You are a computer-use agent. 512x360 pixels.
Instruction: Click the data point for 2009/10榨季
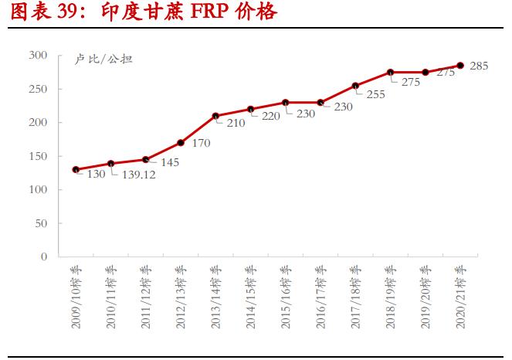(76, 169)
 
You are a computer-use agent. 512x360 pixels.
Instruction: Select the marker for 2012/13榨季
(181, 143)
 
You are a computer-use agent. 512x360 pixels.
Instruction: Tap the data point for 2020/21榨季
(460, 66)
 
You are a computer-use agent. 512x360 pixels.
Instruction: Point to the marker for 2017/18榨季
(355, 86)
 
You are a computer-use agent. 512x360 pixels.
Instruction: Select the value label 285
(479, 66)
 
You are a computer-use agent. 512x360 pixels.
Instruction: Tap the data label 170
(202, 143)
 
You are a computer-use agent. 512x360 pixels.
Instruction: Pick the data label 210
(236, 123)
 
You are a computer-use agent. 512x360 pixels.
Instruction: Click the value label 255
(375, 95)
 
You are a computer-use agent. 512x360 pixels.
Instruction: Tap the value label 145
(171, 164)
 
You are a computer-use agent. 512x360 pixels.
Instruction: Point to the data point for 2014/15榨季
(250, 109)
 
